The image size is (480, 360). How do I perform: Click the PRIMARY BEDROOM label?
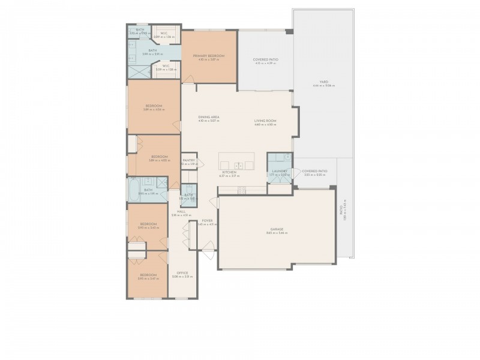tap(208, 56)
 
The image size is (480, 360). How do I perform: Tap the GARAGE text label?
tap(276, 229)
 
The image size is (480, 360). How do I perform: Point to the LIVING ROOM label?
tap(265, 121)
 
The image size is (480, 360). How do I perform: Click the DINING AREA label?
tap(208, 117)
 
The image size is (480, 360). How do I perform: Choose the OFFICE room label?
tap(181, 273)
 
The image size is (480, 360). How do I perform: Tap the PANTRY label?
tap(189, 160)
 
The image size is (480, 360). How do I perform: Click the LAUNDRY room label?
tap(280, 172)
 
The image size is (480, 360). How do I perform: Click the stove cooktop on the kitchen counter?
tap(242, 190)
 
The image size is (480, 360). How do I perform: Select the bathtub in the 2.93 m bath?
tap(134, 190)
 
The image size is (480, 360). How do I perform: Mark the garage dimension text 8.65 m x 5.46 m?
tap(276, 233)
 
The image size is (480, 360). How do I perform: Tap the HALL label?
tap(181, 211)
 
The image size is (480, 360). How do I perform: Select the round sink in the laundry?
tap(287, 157)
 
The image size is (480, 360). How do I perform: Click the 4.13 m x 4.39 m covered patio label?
tap(265, 64)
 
